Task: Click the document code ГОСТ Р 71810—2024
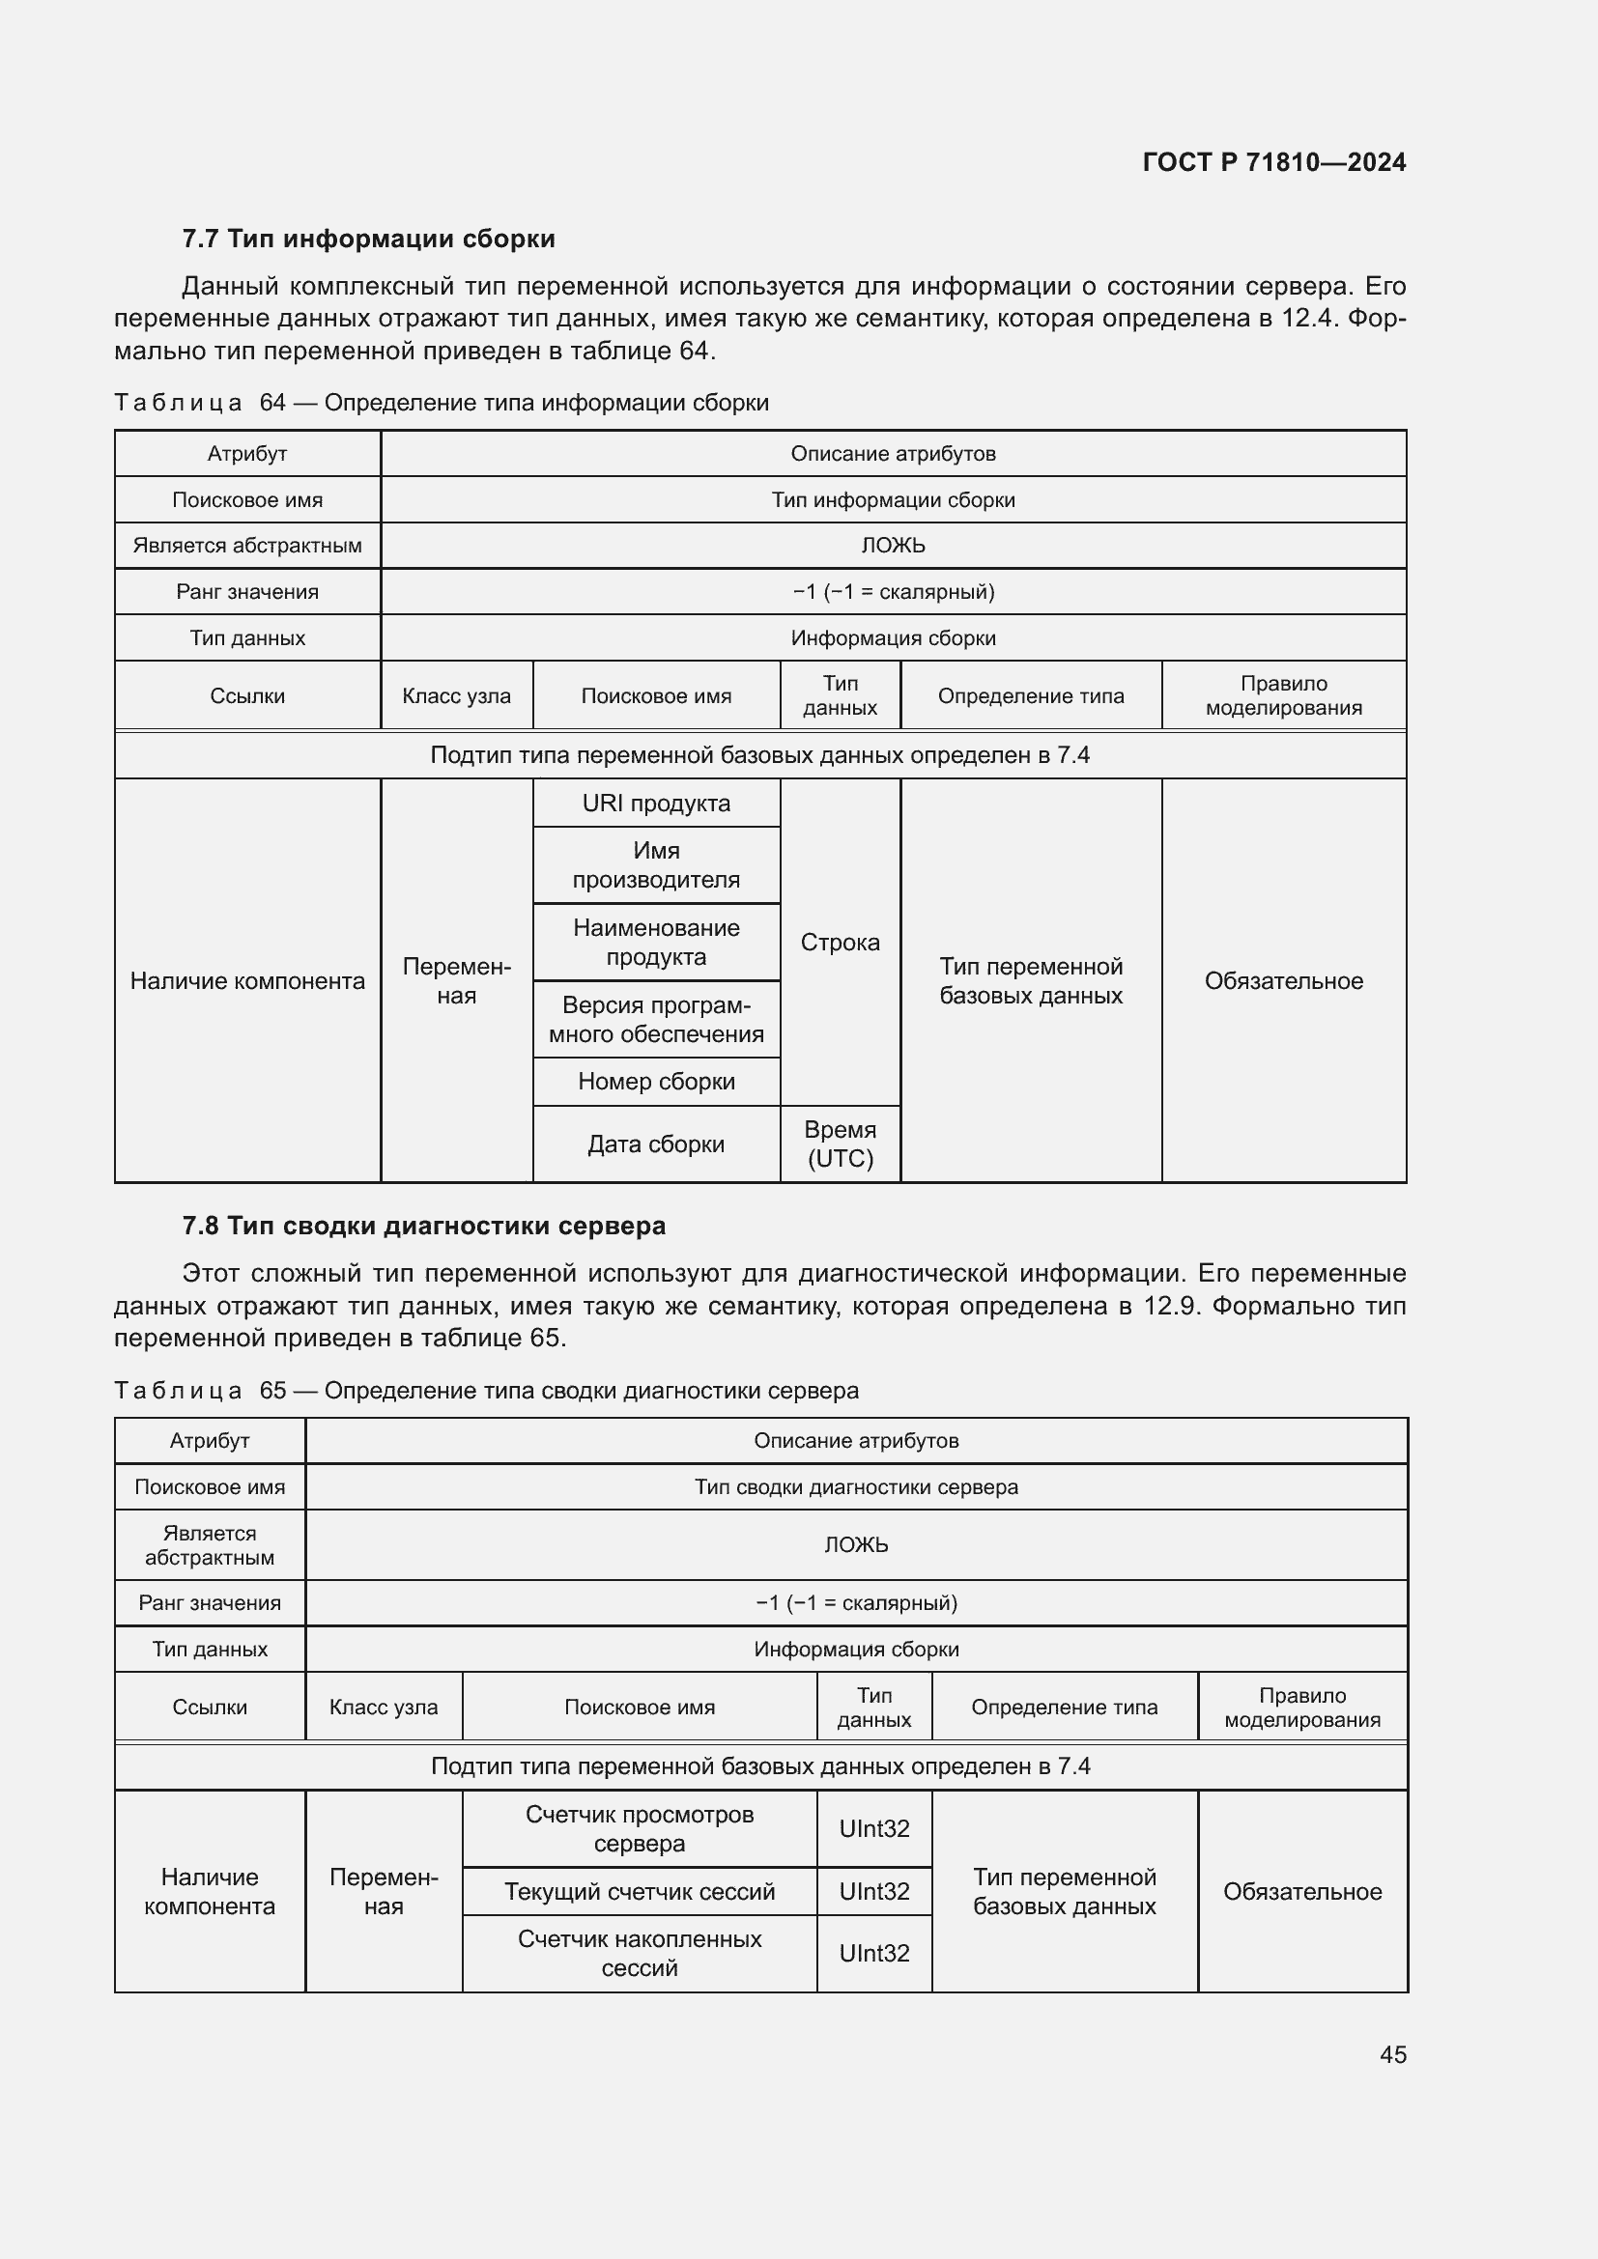coord(1273,162)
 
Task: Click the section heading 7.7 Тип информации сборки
coord(368,240)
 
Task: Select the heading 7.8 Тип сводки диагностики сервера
coord(423,1226)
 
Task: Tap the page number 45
coord(1392,2054)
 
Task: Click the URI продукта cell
coord(655,803)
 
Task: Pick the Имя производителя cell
coord(655,864)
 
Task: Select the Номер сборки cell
coord(655,1082)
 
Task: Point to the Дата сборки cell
coord(655,1144)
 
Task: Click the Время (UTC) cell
coord(840,1144)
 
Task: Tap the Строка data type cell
coord(840,943)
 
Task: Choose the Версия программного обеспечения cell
coord(655,1019)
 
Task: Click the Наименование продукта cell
coord(655,943)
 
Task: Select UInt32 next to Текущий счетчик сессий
coord(873,1891)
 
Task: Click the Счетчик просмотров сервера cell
coord(639,1829)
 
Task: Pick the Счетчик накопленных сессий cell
coord(639,1953)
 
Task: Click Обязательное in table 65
coord(1301,1891)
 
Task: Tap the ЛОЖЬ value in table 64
coord(893,545)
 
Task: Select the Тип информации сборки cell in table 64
coord(893,500)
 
